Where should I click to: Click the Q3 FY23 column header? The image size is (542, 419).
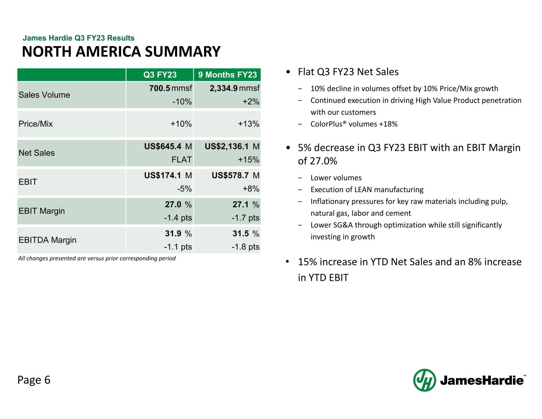click(160, 75)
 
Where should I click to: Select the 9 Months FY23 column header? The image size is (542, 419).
click(228, 75)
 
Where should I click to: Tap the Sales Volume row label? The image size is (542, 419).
click(44, 95)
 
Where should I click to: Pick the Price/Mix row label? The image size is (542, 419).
click(36, 124)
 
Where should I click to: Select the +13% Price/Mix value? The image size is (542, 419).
click(249, 124)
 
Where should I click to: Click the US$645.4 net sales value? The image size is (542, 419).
click(163, 147)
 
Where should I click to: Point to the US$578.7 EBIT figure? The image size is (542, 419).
click(230, 176)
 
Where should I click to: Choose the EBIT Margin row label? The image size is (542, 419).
click(42, 211)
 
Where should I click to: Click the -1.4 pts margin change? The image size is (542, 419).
click(178, 218)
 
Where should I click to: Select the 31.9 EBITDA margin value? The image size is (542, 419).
click(173, 234)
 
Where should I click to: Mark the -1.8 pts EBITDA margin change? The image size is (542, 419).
click(245, 247)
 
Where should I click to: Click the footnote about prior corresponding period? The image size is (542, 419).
click(97, 259)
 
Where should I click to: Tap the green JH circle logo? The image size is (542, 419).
click(424, 380)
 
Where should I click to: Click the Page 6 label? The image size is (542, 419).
click(34, 380)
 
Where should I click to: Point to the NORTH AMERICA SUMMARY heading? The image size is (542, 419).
click(121, 52)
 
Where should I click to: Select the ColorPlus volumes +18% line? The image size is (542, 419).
click(354, 124)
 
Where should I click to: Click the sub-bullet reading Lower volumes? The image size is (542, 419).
click(336, 178)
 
